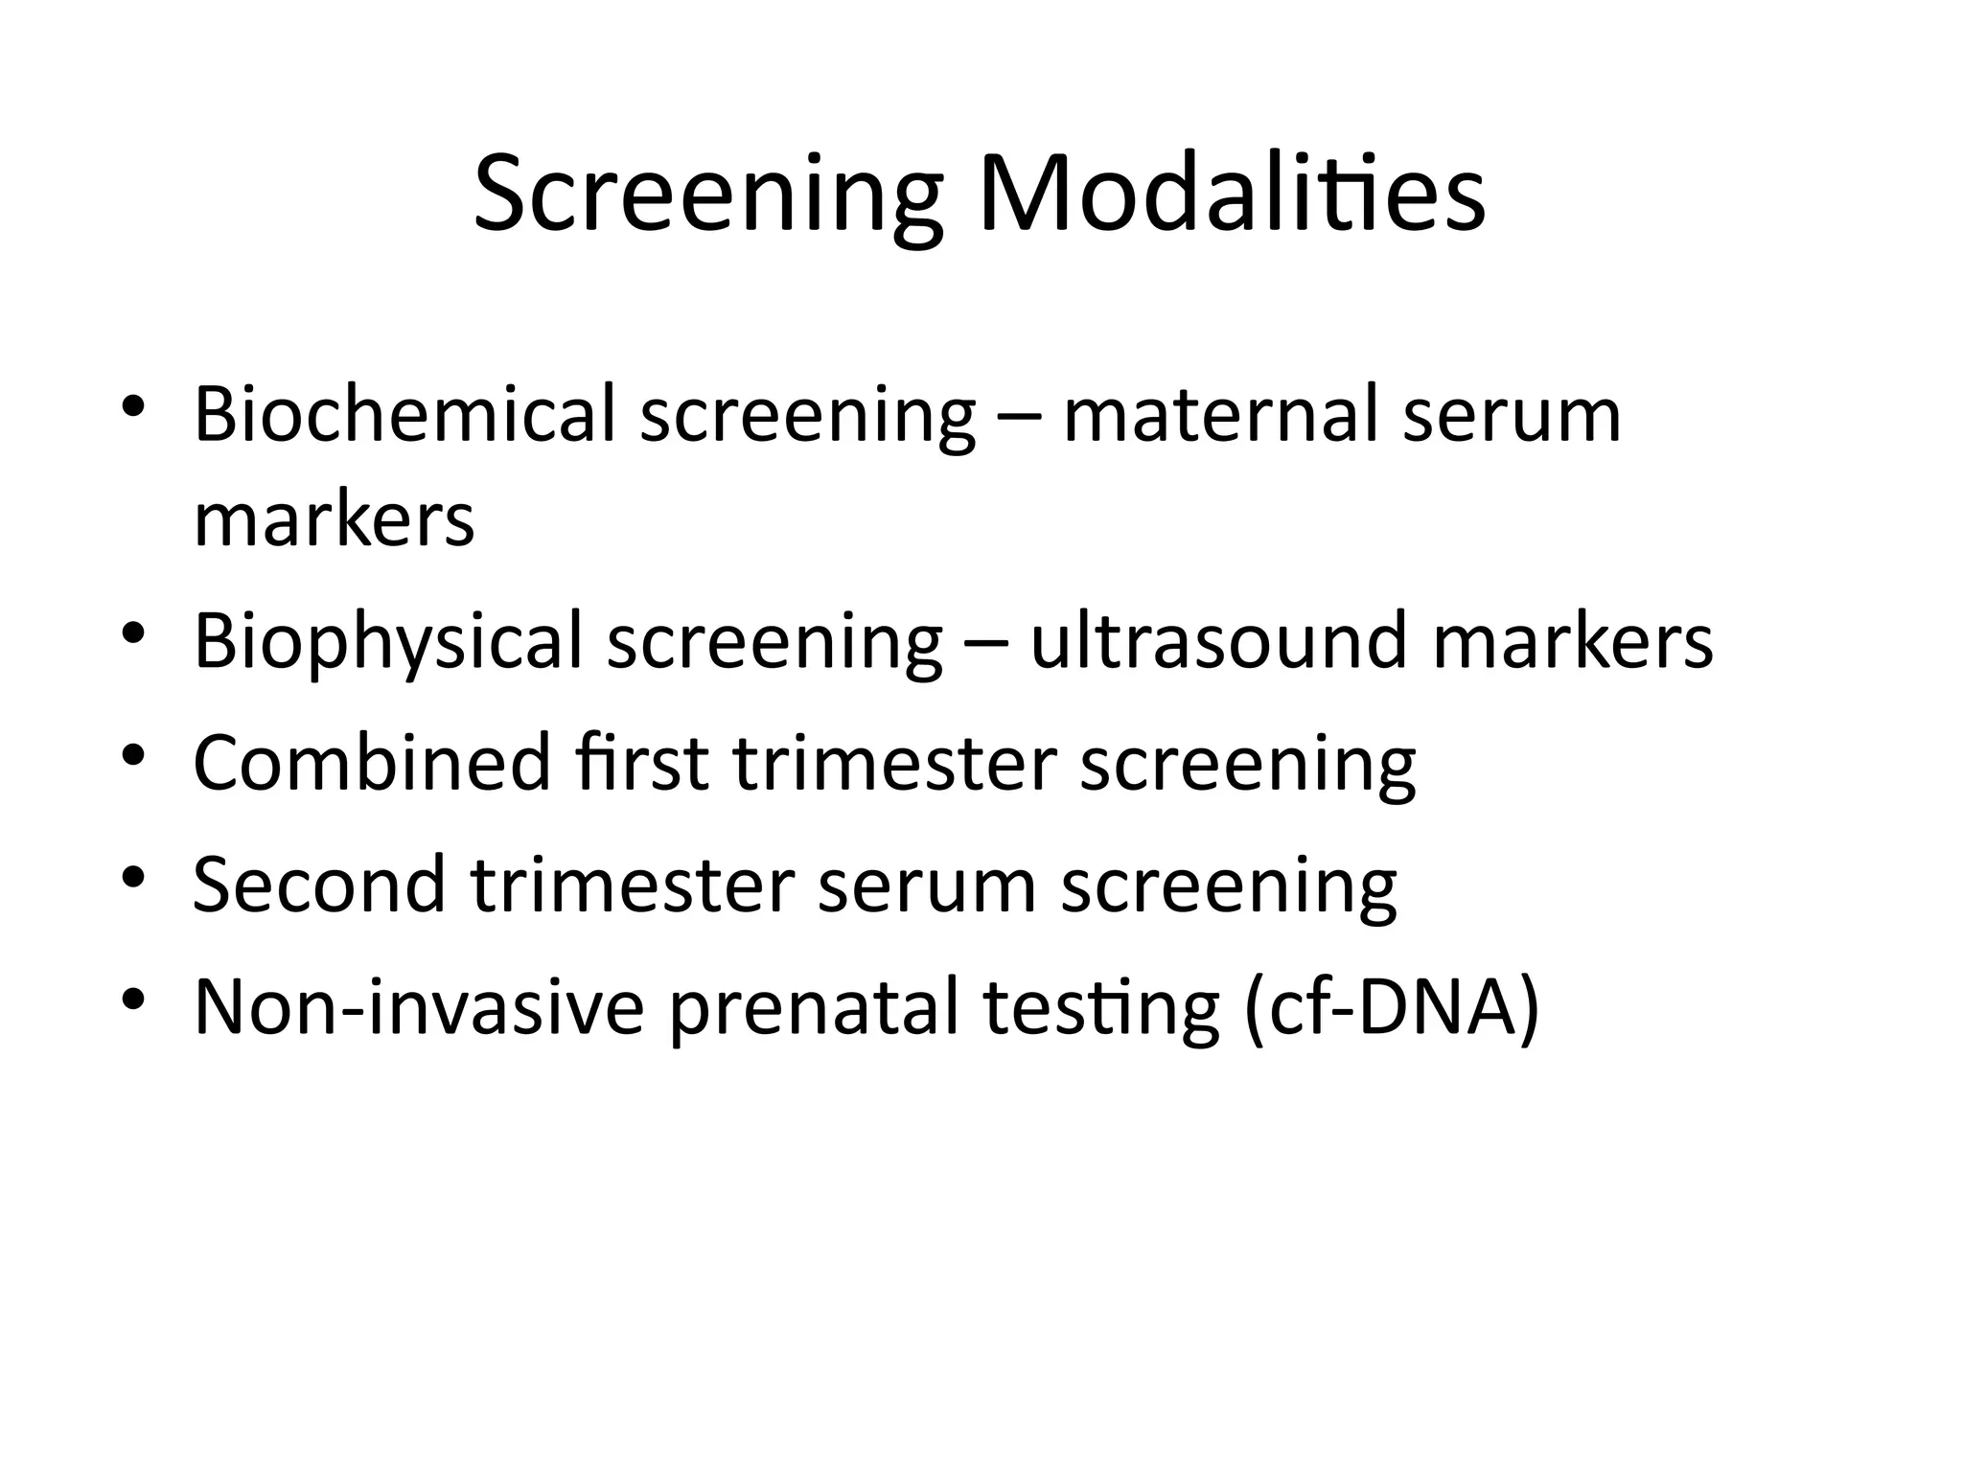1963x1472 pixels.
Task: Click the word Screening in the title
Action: tap(707, 196)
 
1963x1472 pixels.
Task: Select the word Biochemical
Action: tap(404, 414)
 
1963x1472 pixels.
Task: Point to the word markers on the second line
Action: tap(334, 519)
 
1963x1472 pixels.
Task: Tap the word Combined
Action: tap(372, 762)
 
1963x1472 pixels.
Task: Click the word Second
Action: tap(319, 884)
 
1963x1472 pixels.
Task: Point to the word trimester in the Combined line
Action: tap(894, 762)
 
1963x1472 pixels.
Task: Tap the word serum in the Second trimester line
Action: tap(927, 884)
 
